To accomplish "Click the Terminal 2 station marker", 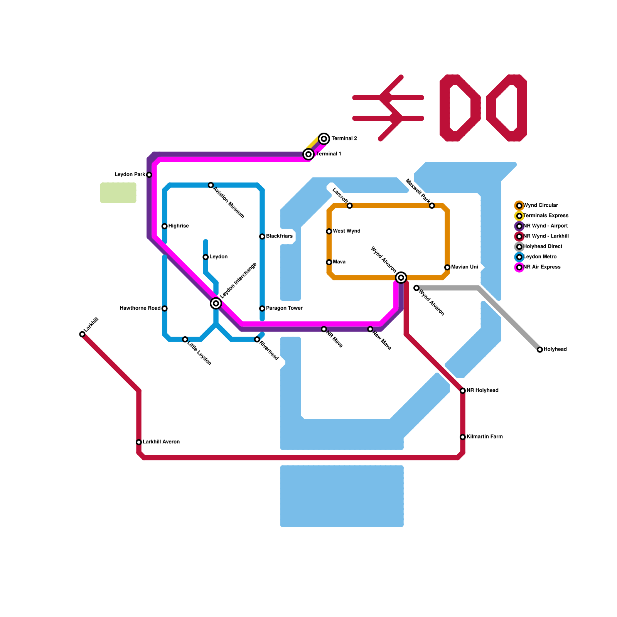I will coord(324,138).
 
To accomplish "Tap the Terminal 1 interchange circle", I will coord(308,154).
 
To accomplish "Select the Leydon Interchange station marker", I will coord(216,303).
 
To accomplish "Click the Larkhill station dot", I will coord(82,334).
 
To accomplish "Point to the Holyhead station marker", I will coord(540,349).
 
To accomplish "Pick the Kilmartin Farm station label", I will coord(484,437).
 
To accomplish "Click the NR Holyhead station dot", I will coord(463,391).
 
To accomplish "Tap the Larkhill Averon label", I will coord(161,442).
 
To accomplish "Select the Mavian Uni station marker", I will coord(447,267).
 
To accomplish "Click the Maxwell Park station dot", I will coord(432,206).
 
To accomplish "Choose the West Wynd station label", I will coord(346,231).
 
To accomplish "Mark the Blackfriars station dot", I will coord(262,236).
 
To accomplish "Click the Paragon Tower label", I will coord(284,308).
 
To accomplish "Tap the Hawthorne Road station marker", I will coord(165,308).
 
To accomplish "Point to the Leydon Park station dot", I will coord(149,175).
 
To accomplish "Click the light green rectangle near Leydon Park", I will coord(118,193).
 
